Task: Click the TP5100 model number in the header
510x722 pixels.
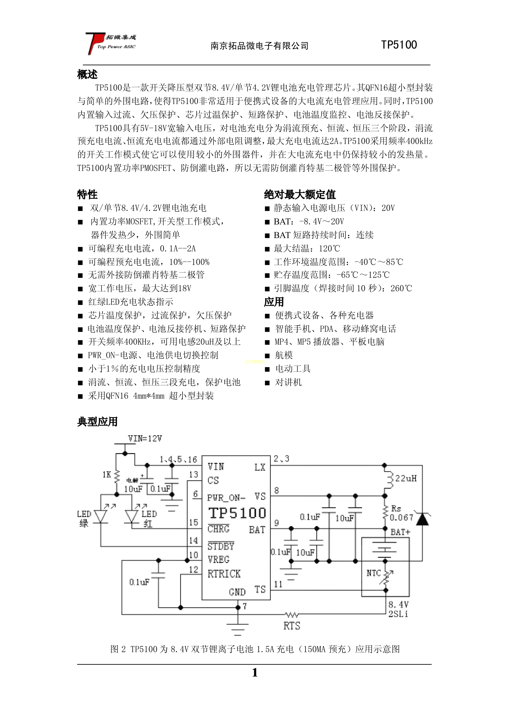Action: [399, 45]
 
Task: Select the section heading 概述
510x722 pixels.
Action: [87, 75]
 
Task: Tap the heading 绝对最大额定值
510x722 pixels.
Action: [300, 195]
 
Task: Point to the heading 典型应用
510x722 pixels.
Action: [97, 422]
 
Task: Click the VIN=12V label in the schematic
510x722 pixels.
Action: [145, 439]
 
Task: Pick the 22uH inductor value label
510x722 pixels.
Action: [406, 479]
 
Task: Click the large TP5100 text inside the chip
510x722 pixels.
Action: [237, 513]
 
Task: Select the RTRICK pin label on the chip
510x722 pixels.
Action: [224, 574]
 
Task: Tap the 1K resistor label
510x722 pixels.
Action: [107, 475]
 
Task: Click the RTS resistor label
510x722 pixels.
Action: [292, 626]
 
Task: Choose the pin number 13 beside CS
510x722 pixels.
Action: [193, 475]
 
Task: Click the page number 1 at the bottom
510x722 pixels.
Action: [255, 673]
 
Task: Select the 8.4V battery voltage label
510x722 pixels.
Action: [399, 604]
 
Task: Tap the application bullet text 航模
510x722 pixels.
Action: [284, 355]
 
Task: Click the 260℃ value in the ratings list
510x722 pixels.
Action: [401, 288]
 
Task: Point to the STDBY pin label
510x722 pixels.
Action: [221, 546]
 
